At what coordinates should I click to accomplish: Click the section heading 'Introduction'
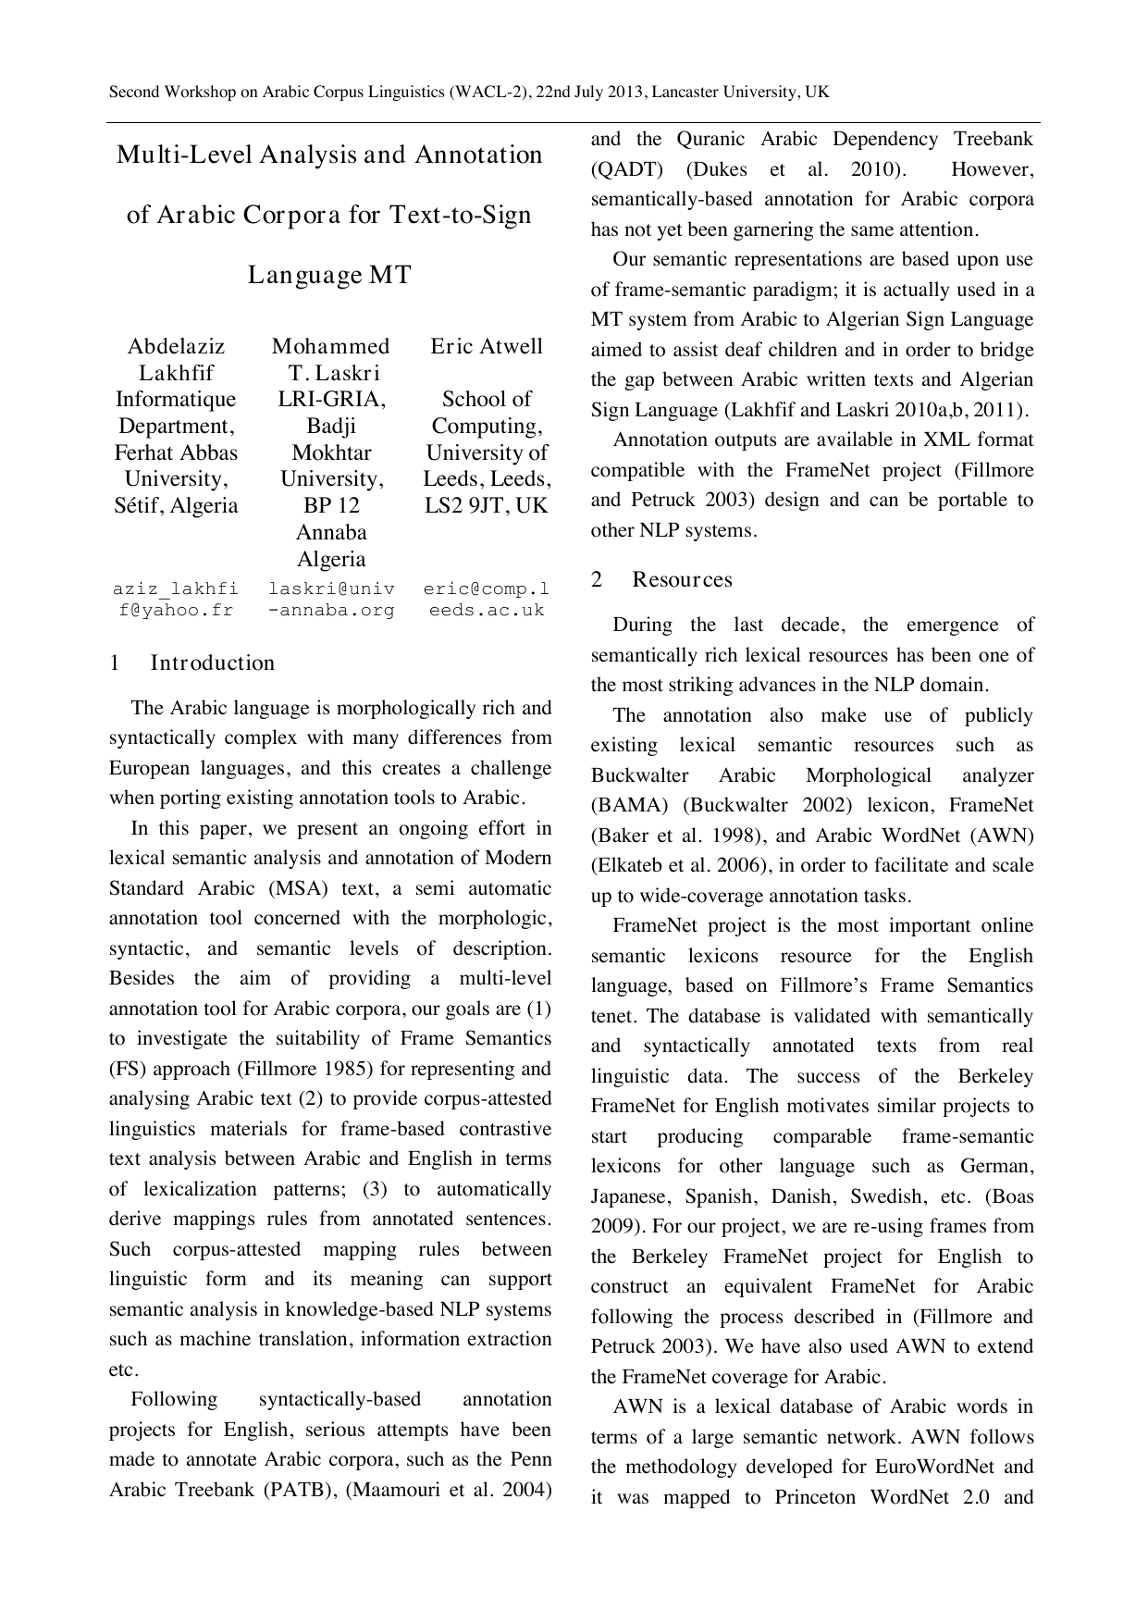(x=212, y=663)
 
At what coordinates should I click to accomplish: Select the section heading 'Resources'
(x=682, y=579)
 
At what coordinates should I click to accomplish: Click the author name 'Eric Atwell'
(x=487, y=346)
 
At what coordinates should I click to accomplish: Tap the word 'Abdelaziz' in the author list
(x=176, y=346)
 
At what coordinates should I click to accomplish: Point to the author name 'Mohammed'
(x=330, y=346)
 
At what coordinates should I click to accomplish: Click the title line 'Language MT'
(x=329, y=275)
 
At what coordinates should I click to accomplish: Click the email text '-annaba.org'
(x=331, y=610)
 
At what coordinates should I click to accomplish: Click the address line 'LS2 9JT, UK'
(x=487, y=505)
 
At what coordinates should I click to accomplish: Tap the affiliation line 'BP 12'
(x=331, y=505)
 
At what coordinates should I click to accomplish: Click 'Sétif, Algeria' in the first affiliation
(x=176, y=505)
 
